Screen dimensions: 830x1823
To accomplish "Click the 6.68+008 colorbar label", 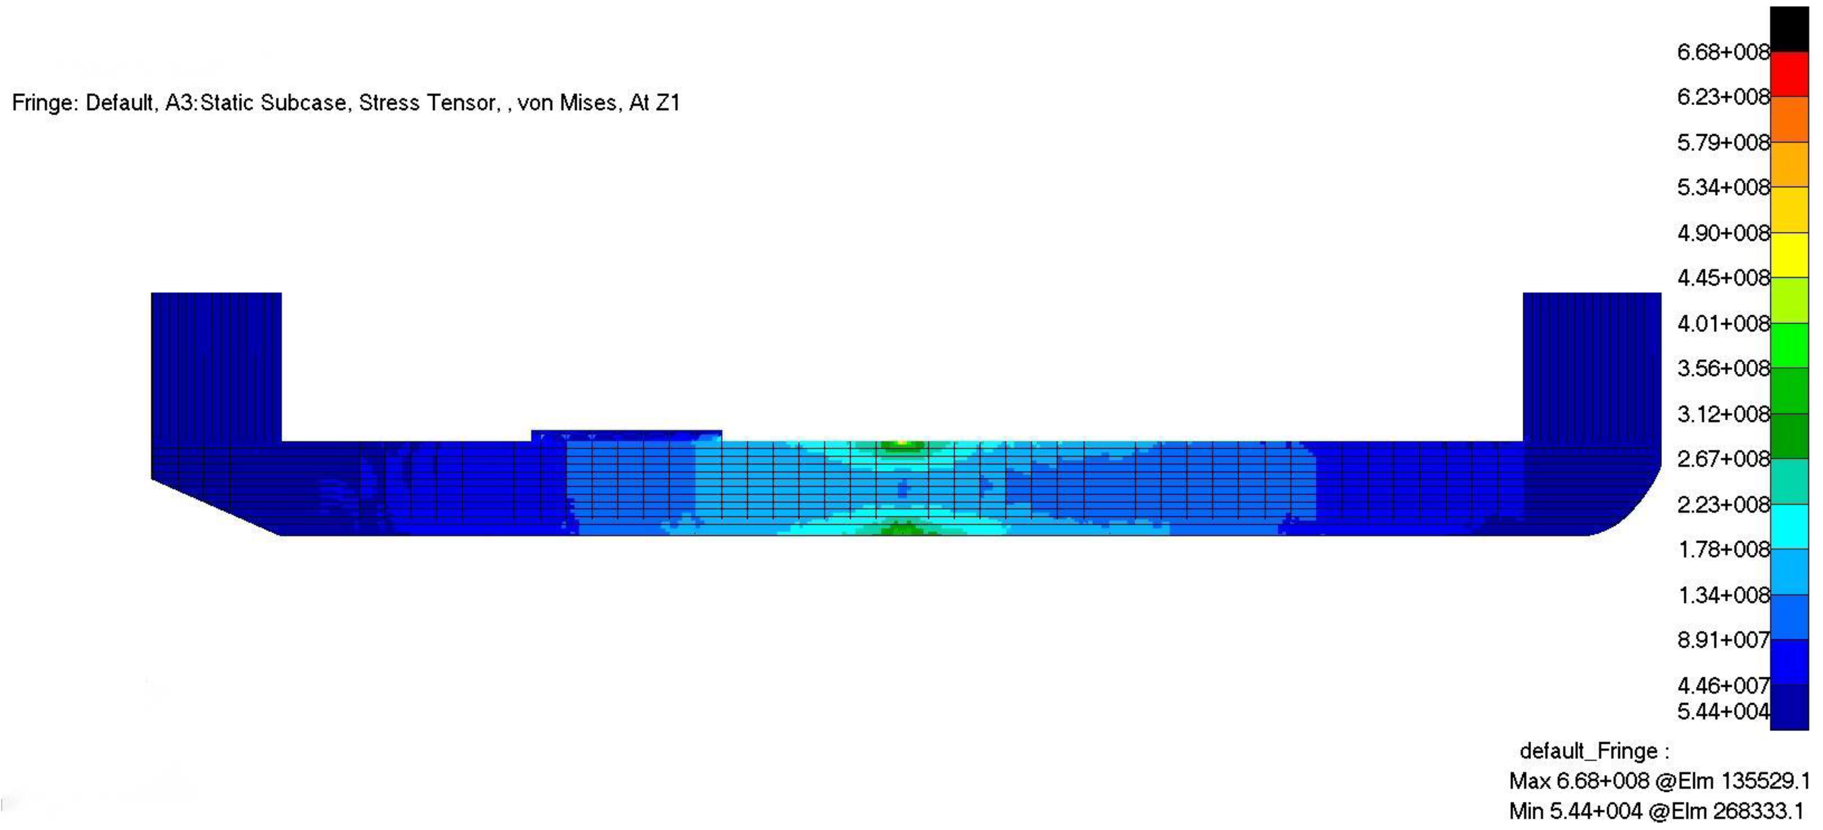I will pyautogui.click(x=1722, y=52).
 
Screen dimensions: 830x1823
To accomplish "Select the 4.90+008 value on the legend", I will pyautogui.click(x=1722, y=233).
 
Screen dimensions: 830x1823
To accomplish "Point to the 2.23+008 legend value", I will pyautogui.click(x=1722, y=504).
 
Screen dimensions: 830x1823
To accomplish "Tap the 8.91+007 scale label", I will pyautogui.click(x=1722, y=640).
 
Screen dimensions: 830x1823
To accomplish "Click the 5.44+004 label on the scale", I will pyautogui.click(x=1722, y=711).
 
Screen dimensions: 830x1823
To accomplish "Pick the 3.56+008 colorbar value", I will pyautogui.click(x=1722, y=368).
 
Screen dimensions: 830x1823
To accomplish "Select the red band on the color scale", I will pyautogui.click(x=1789, y=74).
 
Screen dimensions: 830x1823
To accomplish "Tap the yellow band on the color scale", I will pyautogui.click(x=1789, y=255).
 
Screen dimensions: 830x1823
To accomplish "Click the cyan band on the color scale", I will pyautogui.click(x=1789, y=526).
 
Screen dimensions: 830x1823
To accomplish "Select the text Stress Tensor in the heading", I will pyautogui.click(x=427, y=103).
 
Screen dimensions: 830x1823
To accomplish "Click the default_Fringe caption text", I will pyautogui.click(x=1592, y=750).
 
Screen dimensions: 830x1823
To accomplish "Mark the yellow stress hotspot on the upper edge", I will pyautogui.click(x=901, y=444).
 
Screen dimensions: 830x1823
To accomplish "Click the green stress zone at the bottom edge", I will pyautogui.click(x=902, y=529).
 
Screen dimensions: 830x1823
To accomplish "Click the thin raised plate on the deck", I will pyautogui.click(x=626, y=435).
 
